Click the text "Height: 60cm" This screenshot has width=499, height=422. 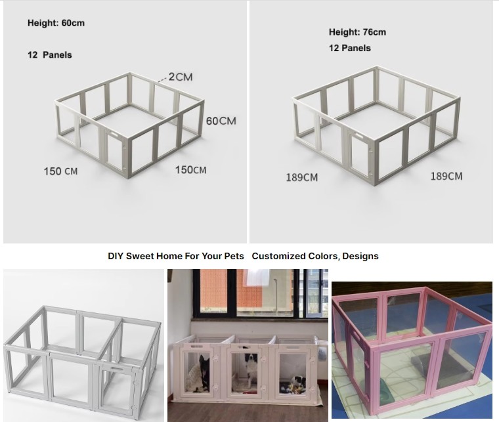click(56, 23)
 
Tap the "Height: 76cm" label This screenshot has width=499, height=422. click(357, 32)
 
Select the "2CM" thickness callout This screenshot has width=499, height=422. click(181, 77)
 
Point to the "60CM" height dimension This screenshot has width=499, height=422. click(221, 121)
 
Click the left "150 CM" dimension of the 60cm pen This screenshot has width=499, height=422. click(60, 171)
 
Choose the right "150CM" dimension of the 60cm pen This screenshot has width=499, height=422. click(190, 170)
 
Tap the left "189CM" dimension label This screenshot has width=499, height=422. click(301, 177)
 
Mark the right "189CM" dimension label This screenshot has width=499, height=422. click(446, 176)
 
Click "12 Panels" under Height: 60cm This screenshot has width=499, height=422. click(50, 55)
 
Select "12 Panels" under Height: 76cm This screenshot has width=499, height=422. click(350, 49)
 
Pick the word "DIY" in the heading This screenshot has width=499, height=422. click(116, 257)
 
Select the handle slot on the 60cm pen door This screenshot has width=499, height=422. click(113, 135)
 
